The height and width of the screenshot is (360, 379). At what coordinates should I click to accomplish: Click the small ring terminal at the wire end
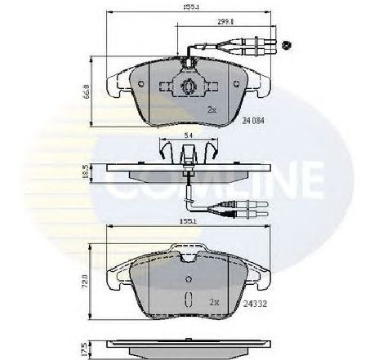point(285,46)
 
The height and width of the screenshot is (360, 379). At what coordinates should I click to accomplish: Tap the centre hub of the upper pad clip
point(186,88)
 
